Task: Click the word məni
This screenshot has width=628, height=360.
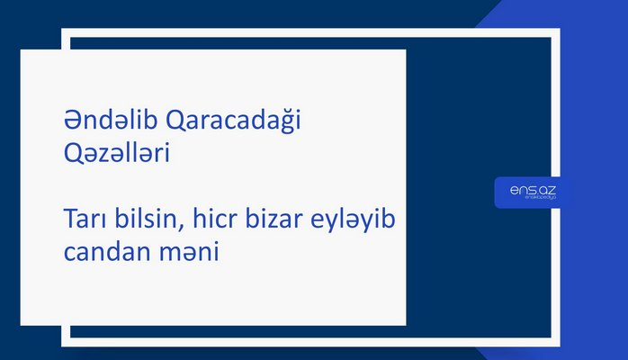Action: point(191,251)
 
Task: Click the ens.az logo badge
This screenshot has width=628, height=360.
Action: point(532,192)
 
